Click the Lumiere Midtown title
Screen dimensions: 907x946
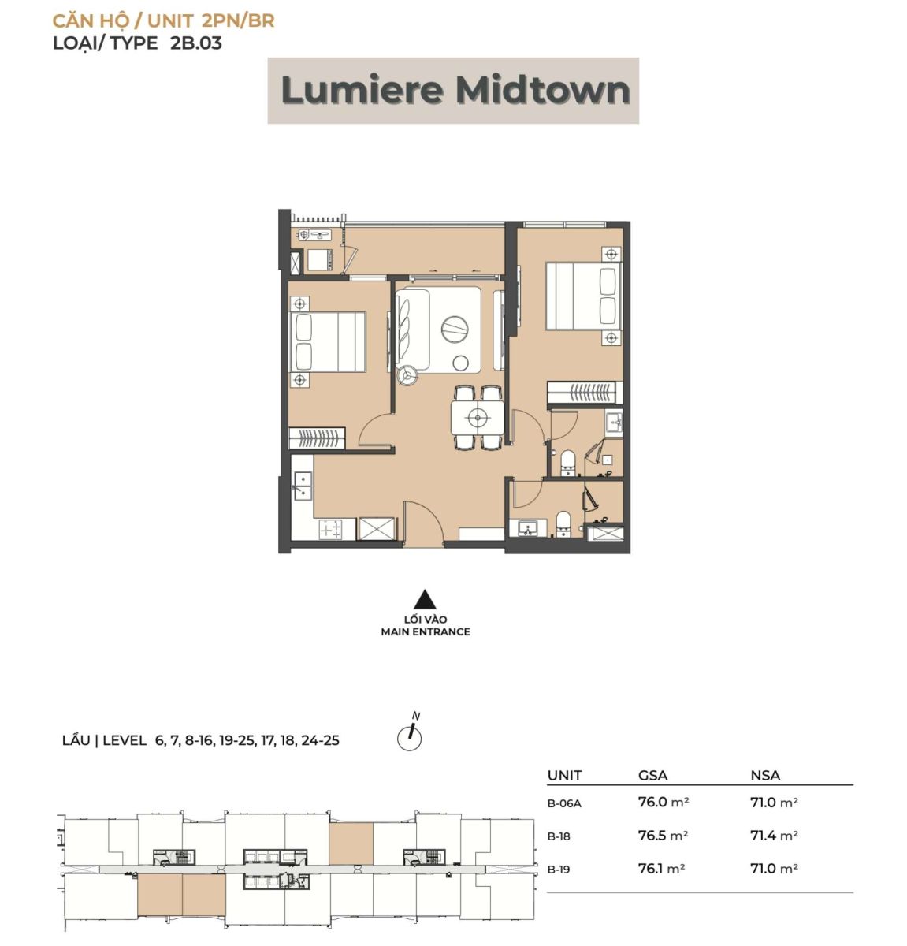pos(455,91)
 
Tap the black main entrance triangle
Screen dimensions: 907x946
pos(425,599)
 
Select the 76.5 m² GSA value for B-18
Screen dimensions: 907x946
pos(663,835)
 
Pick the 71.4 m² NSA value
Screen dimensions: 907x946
pos(774,835)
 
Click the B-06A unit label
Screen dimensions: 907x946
pos(564,803)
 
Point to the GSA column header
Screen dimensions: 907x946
pos(652,776)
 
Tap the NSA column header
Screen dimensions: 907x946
pos(765,776)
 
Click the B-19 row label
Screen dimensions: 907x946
pos(559,870)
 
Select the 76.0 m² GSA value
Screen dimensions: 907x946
pos(664,802)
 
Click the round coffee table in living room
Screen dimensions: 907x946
pos(455,329)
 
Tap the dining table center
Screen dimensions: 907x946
pos(478,417)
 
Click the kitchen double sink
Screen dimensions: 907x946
pos(302,486)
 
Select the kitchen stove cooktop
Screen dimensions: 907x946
pos(330,529)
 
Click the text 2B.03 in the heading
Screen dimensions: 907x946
pos(196,43)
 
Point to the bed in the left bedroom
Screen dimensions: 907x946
pos(328,342)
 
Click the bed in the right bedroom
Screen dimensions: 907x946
pos(584,296)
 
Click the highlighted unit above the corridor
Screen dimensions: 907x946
pos(351,844)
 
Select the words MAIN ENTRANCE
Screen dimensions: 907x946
pos(426,632)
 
